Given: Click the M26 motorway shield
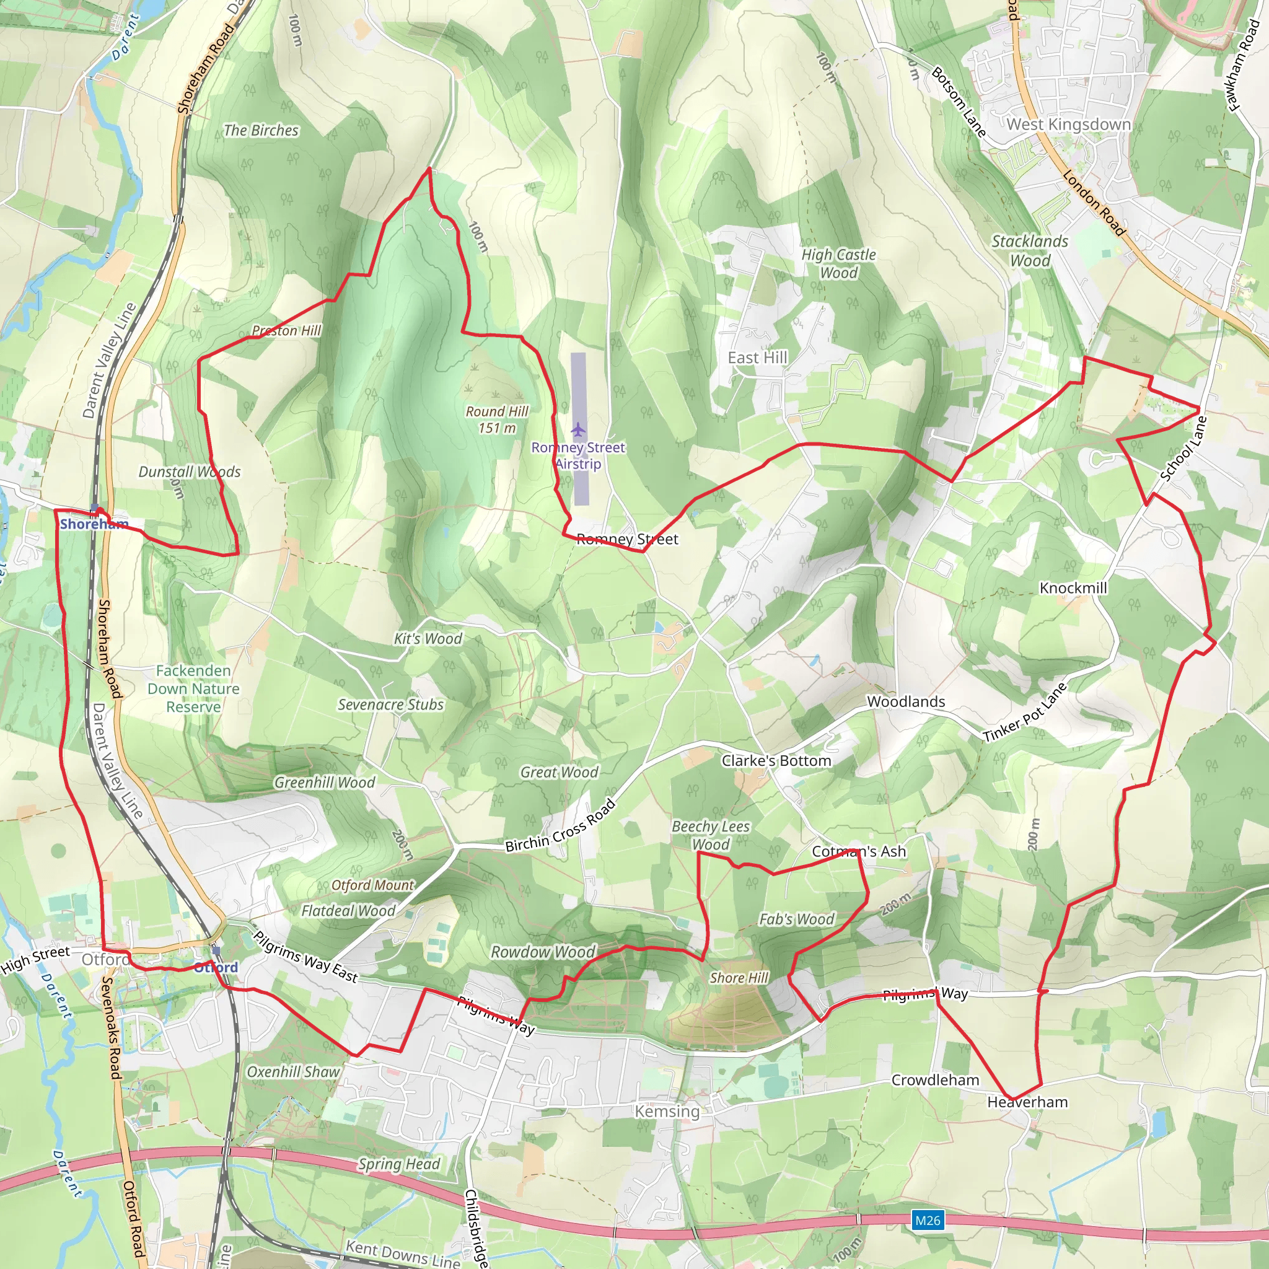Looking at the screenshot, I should [928, 1221].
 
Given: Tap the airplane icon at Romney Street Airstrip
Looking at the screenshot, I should [577, 430].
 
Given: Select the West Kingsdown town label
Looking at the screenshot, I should [1068, 124].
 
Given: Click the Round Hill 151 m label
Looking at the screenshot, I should [496, 419].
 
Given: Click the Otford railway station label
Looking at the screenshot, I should [216, 967].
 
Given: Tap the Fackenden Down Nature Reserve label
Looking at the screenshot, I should [193, 688].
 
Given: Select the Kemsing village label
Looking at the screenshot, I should [667, 1111].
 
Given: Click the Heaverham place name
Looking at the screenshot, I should [1027, 1102].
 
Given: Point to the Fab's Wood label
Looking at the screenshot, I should [796, 919].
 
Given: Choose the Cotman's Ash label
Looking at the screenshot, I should [858, 851].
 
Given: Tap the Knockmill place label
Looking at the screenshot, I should [1073, 588].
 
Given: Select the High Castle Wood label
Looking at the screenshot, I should [838, 263].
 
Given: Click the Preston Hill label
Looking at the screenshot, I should [286, 330].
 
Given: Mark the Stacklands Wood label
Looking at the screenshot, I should [1029, 251].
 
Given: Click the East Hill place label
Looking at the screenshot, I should [757, 358].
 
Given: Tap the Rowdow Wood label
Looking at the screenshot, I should [543, 952].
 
